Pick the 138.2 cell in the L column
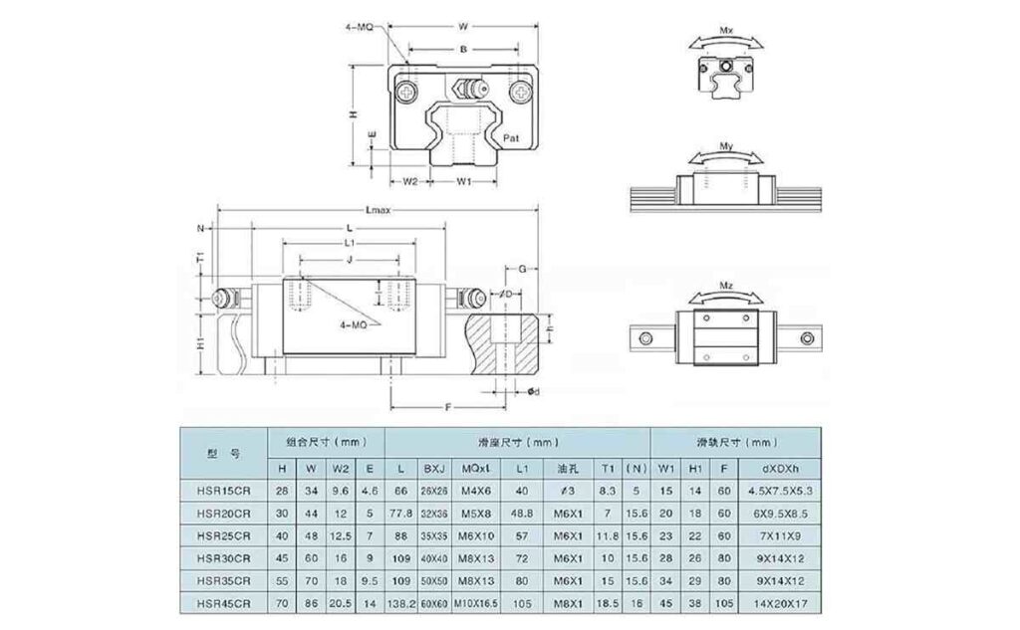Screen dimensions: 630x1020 [399, 603]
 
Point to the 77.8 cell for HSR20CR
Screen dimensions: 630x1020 [399, 512]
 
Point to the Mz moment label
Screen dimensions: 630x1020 [726, 286]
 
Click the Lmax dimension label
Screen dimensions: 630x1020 [379, 210]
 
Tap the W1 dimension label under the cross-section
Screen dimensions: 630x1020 [463, 181]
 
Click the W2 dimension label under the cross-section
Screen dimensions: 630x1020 [409, 181]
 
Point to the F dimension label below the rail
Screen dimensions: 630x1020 [449, 406]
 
